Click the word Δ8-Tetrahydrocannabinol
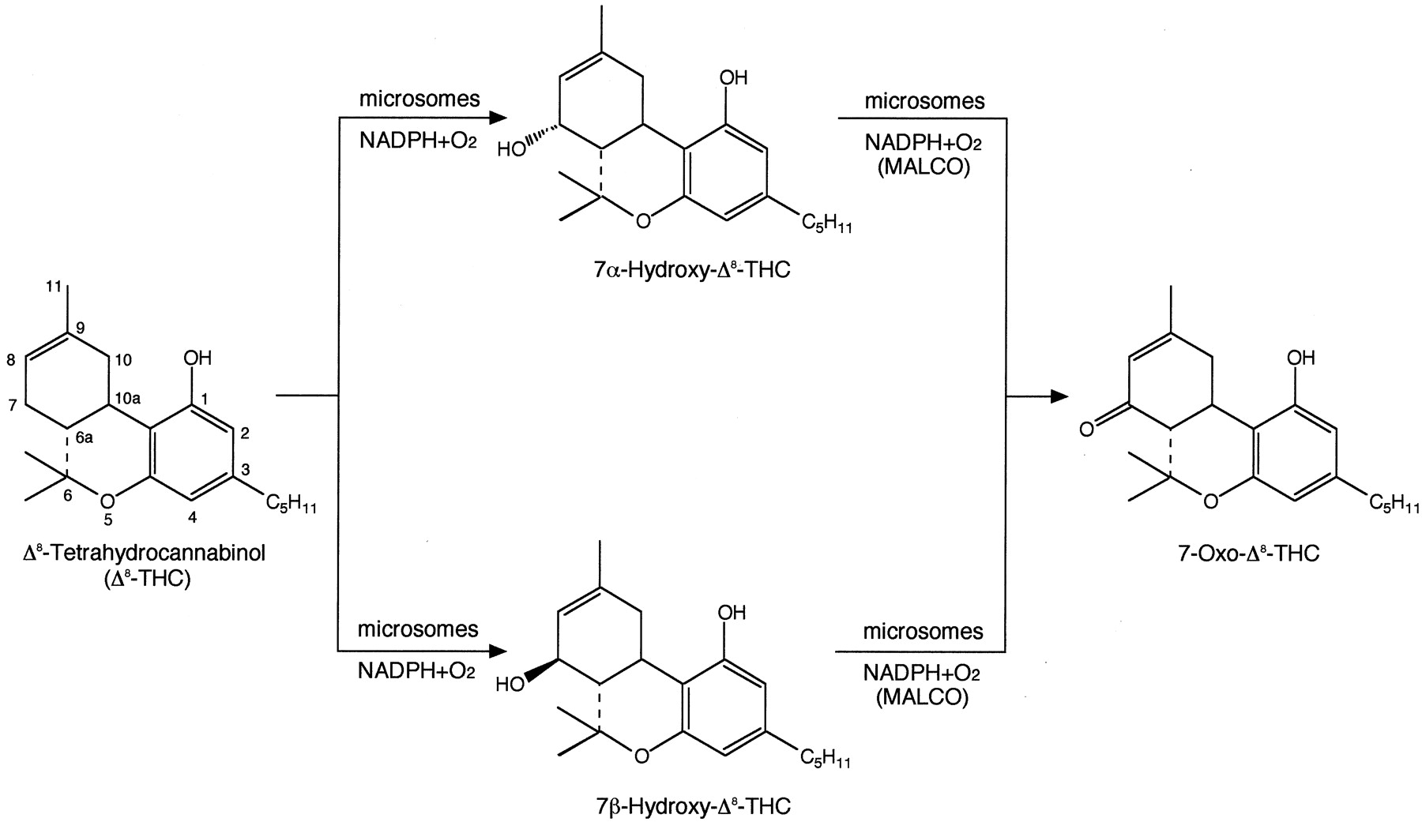(145, 554)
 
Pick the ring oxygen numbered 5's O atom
(109, 500)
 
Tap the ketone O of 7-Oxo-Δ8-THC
(1087, 429)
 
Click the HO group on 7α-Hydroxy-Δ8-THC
(511, 148)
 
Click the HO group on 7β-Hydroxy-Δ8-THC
(510, 684)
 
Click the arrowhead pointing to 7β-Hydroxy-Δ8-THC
(496, 651)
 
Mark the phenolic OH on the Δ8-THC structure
(197, 358)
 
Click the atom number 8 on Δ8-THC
(10, 360)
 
